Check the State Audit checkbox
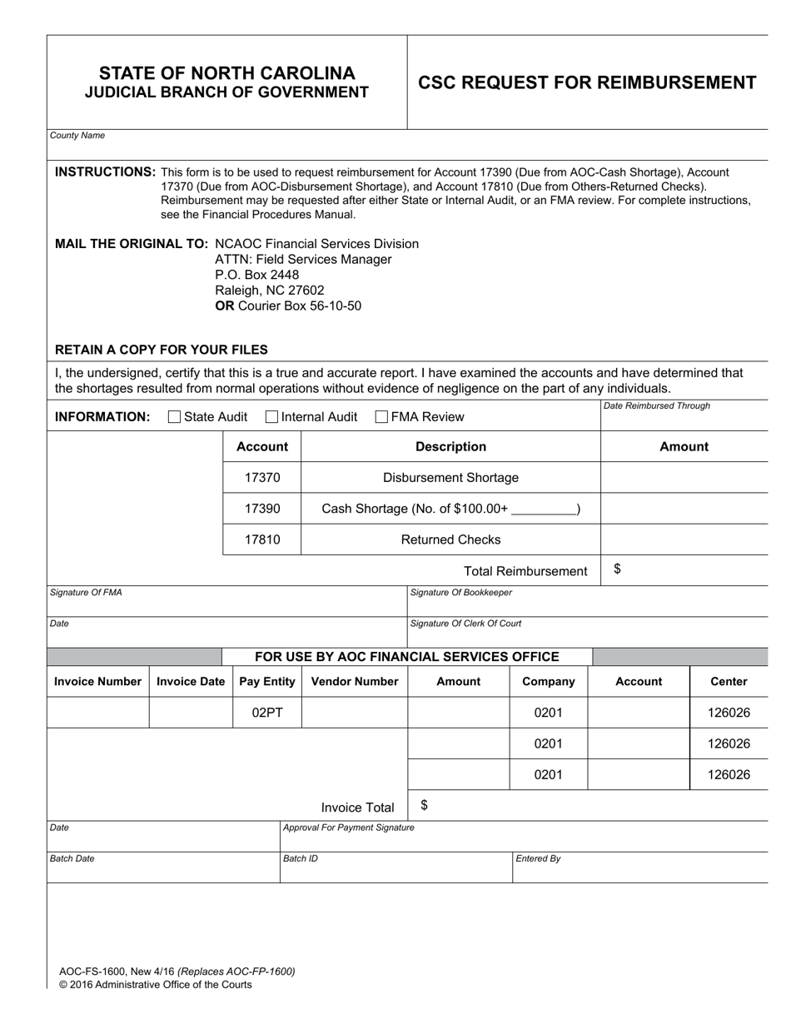click(174, 417)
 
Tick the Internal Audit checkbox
click(271, 417)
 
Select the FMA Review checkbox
click(382, 417)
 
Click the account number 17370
click(262, 478)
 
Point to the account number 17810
click(262, 539)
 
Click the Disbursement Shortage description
click(450, 478)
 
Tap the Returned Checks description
click(450, 539)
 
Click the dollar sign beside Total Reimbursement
click(617, 569)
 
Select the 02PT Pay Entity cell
click(266, 713)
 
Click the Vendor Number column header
click(355, 682)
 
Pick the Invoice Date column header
click(191, 682)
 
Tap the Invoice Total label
click(358, 808)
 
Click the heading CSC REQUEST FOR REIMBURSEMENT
click(587, 82)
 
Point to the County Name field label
click(77, 136)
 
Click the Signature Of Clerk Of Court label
click(466, 624)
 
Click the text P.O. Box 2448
click(256, 275)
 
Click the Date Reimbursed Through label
click(657, 406)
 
